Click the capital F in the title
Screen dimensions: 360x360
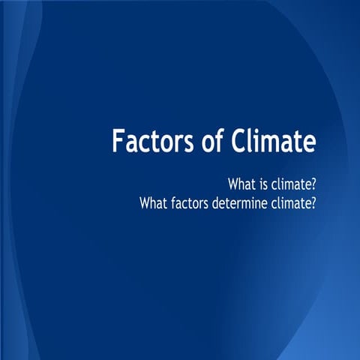tap(118, 140)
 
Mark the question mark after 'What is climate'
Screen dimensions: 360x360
tap(313, 183)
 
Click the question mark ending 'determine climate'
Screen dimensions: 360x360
tap(313, 201)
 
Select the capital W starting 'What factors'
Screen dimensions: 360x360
tap(143, 201)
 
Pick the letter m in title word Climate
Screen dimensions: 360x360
tap(271, 142)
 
